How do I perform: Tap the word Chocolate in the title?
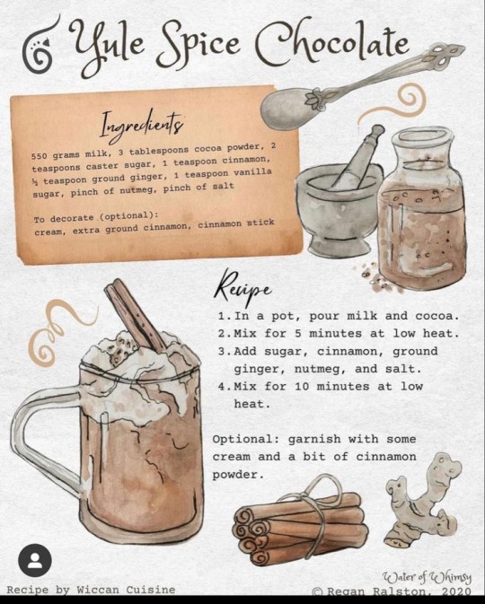coord(332,43)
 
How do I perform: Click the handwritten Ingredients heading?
coord(141,124)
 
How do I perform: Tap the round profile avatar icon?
coord(35,560)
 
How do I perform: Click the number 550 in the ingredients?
coord(39,156)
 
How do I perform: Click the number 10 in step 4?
coord(302,386)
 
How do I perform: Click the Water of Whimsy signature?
coord(427,577)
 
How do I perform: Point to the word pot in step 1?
coord(284,316)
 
